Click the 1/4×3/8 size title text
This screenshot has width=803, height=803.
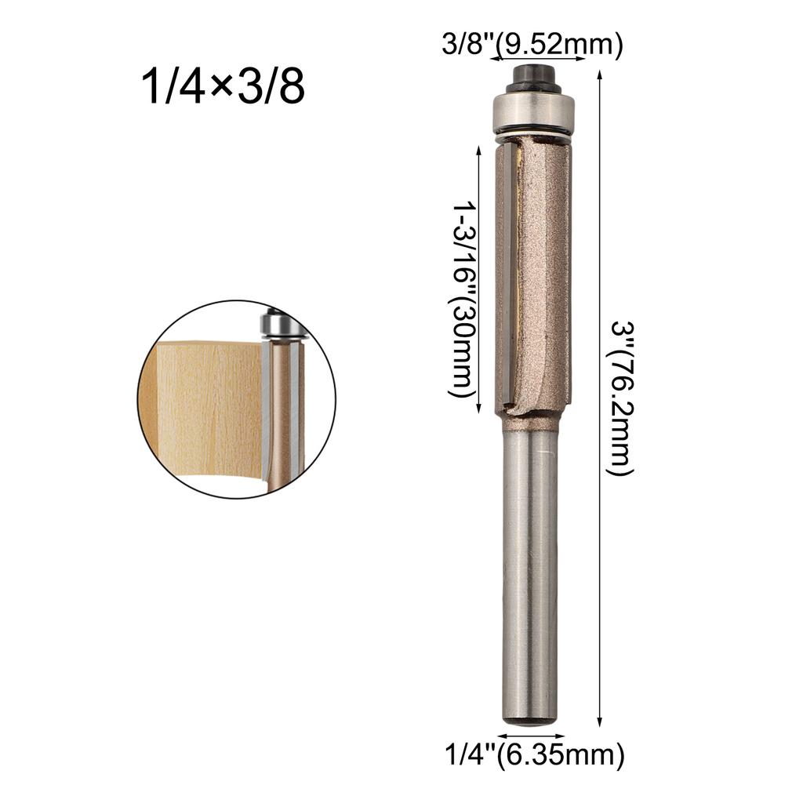point(222,89)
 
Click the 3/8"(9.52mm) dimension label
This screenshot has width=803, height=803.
point(531,45)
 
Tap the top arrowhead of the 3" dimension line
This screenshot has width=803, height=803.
point(600,74)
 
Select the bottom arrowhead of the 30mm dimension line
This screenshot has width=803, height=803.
point(478,410)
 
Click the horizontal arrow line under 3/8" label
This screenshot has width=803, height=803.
point(531,60)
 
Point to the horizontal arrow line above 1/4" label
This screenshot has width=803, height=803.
point(531,737)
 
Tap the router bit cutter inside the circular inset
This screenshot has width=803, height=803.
point(282,416)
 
